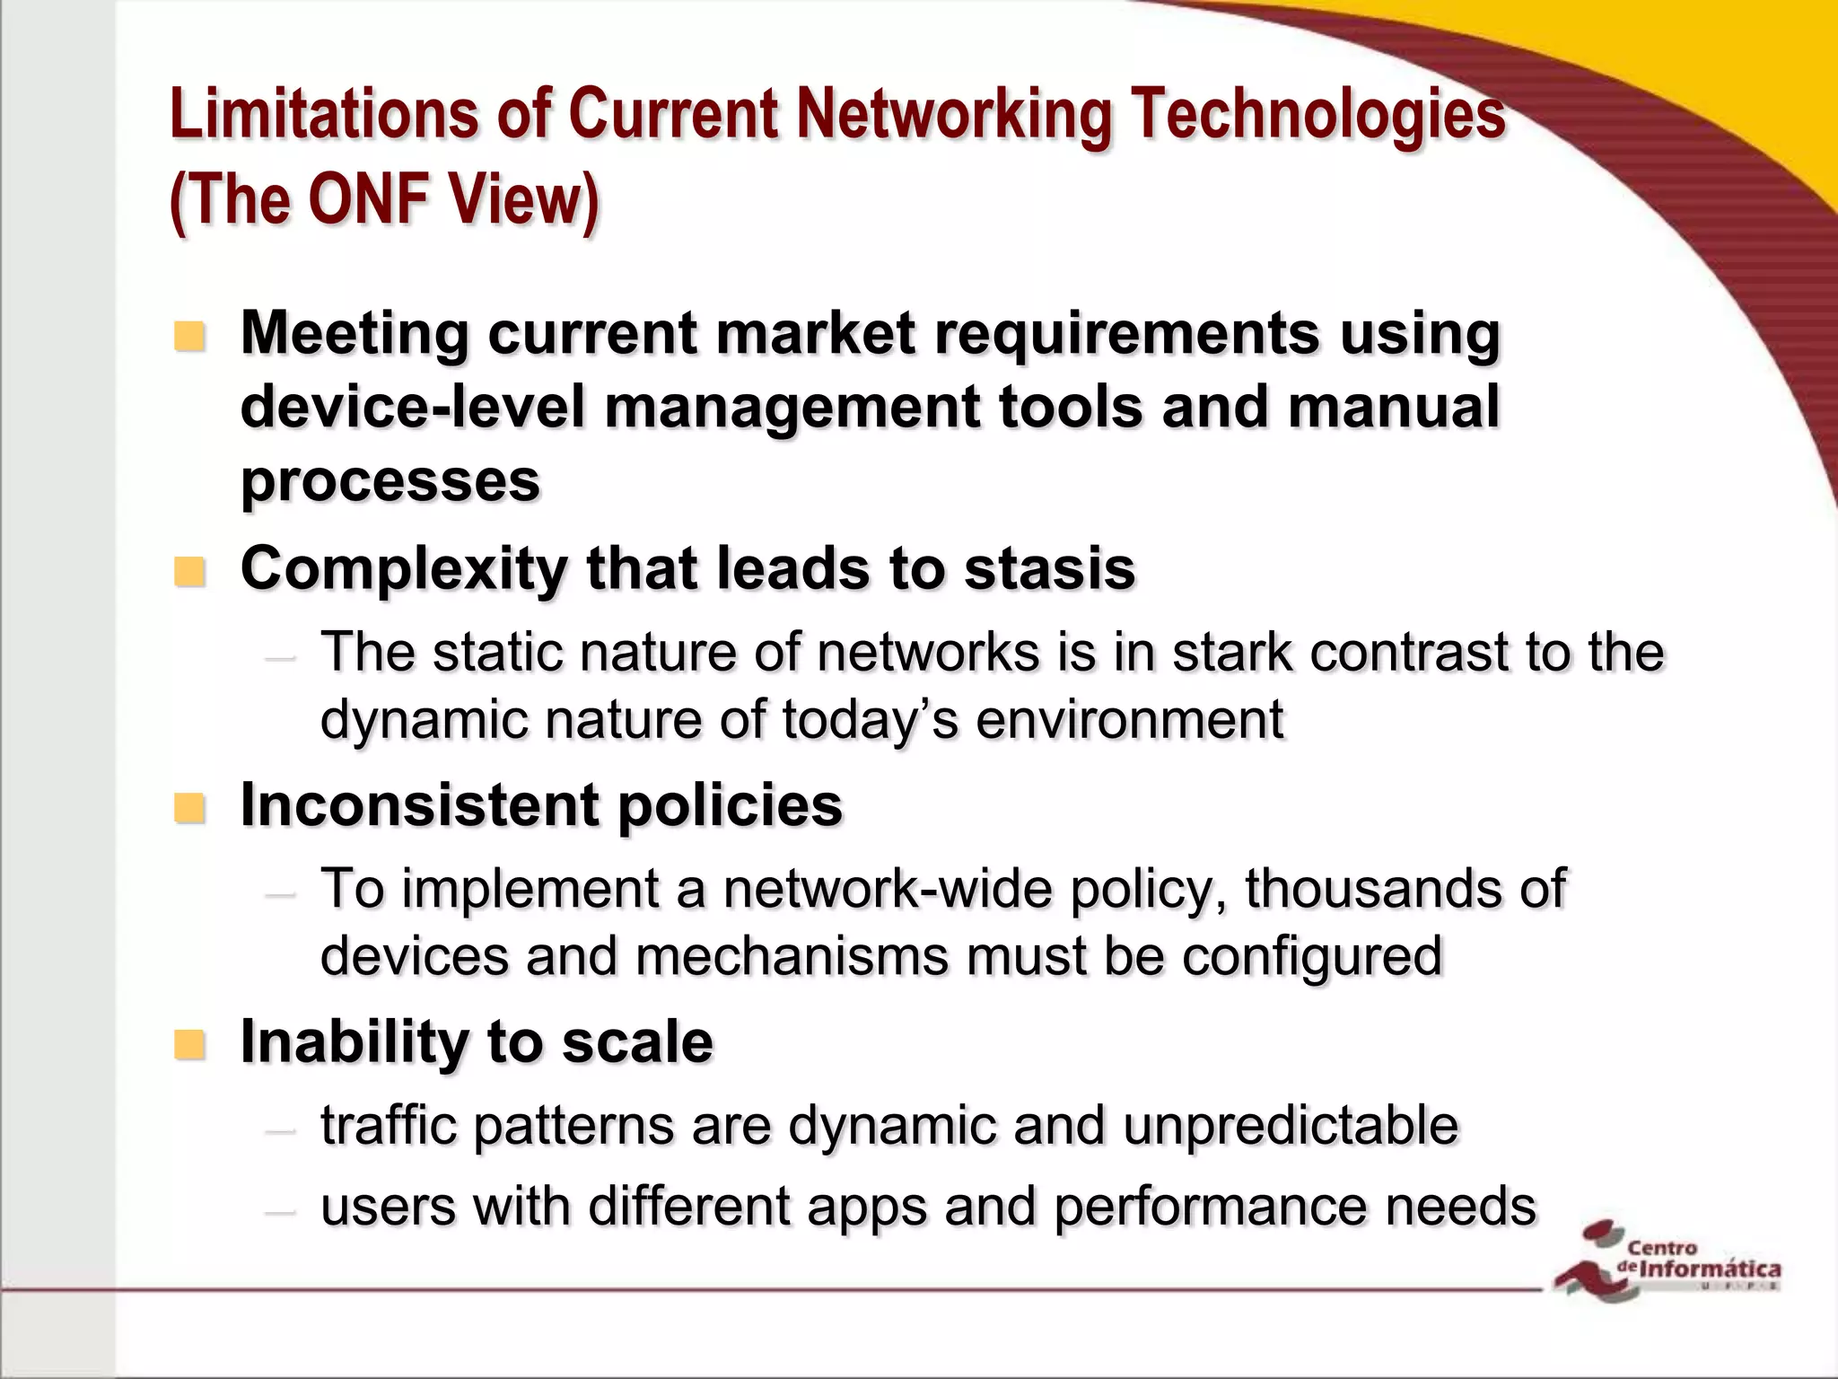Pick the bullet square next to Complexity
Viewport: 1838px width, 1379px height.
pos(189,572)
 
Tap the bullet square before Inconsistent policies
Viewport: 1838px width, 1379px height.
pos(189,808)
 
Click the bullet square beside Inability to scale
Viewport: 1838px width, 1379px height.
pos(189,1044)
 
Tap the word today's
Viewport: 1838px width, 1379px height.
pos(871,720)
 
